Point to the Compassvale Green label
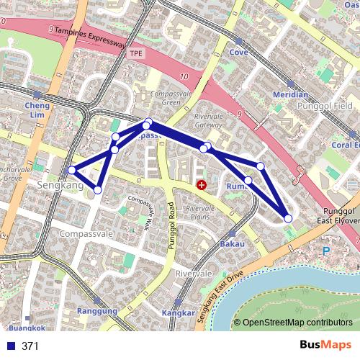[161, 99]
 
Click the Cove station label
[238, 53]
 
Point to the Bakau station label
[233, 243]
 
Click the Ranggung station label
[96, 311]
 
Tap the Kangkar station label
[179, 313]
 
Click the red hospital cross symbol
[201, 185]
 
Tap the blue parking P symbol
[325, 251]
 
